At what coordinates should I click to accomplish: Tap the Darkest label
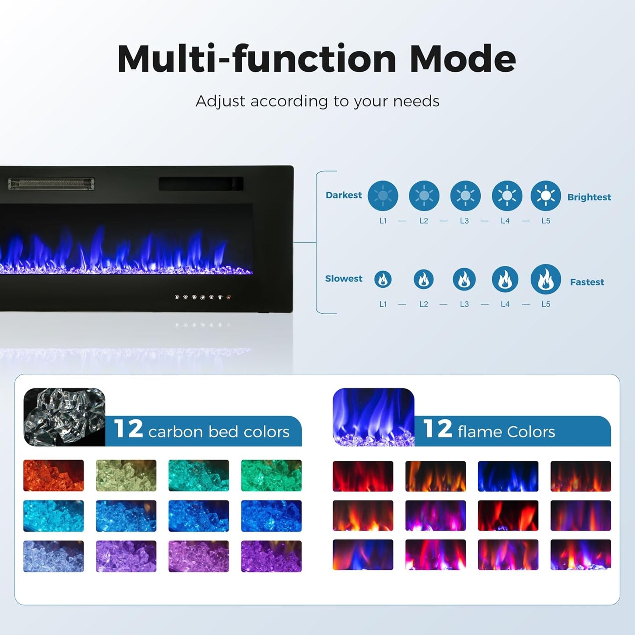tap(344, 195)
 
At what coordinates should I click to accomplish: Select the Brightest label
tap(589, 197)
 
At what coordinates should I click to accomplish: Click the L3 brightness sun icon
tap(465, 196)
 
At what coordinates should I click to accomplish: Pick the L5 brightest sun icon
tap(546, 196)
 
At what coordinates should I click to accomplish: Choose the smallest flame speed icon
tap(383, 279)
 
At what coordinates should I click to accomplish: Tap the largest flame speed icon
tap(546, 279)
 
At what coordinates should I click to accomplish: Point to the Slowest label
tap(344, 279)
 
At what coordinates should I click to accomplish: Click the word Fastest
tap(587, 282)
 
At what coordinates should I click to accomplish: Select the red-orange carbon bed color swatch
tap(54, 475)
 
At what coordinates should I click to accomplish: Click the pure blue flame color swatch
tap(508, 476)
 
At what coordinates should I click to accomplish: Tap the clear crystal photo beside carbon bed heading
tap(64, 417)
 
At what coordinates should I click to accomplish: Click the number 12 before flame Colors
tap(437, 429)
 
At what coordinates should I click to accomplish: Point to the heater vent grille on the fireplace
tap(51, 184)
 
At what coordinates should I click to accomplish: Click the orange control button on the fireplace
tap(229, 298)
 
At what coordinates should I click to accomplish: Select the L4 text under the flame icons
tap(505, 304)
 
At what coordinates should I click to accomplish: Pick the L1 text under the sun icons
tap(383, 221)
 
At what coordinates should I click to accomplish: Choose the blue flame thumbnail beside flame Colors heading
tap(374, 417)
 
